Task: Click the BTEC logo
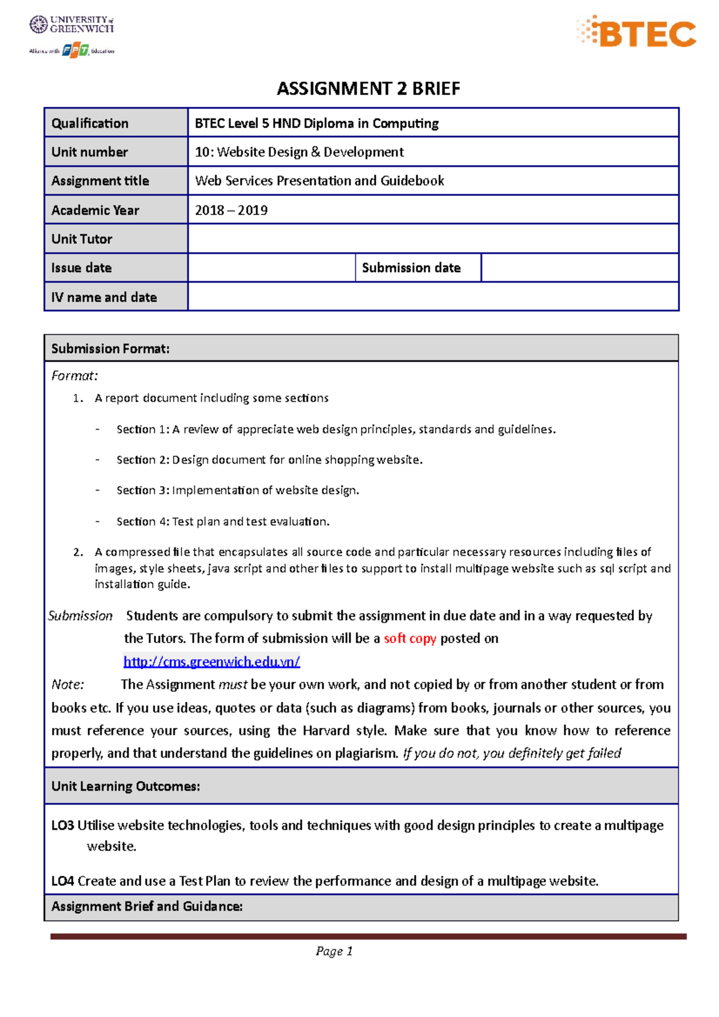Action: tap(636, 32)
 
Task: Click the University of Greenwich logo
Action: tap(72, 25)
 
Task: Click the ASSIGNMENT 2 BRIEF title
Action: tap(368, 89)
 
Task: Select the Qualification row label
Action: tap(90, 123)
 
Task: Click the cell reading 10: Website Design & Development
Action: tap(299, 152)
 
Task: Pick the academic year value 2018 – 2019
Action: tap(231, 210)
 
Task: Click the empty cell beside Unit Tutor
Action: tap(433, 239)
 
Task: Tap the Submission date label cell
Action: tap(411, 268)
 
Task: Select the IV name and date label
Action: tap(104, 297)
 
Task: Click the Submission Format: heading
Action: tap(110, 349)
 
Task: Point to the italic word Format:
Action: tap(74, 376)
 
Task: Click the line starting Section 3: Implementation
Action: tap(237, 490)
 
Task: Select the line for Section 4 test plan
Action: tap(223, 521)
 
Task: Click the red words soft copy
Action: tap(410, 638)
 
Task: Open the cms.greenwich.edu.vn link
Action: tap(212, 661)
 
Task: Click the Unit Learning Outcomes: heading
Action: tap(125, 786)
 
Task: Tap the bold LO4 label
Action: tap(62, 880)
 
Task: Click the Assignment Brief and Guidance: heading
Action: tap(147, 906)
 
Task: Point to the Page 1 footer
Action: tap(334, 951)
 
